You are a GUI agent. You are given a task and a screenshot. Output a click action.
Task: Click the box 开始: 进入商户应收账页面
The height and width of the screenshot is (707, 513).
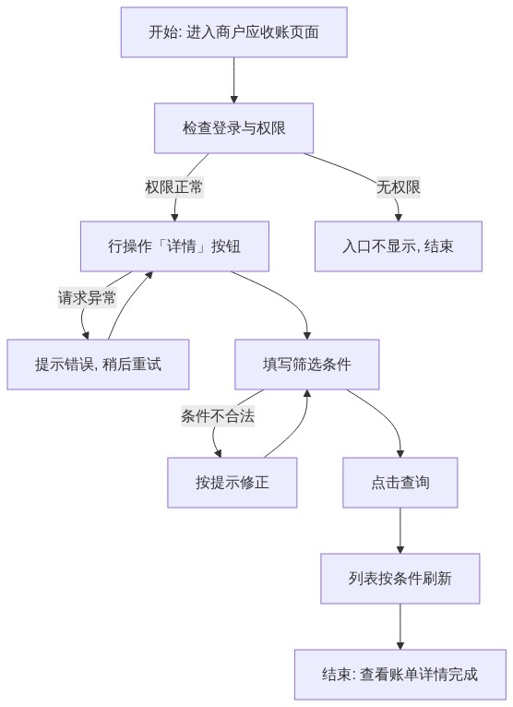tap(234, 32)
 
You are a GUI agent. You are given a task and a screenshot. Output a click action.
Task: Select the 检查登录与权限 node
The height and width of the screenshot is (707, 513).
tap(234, 128)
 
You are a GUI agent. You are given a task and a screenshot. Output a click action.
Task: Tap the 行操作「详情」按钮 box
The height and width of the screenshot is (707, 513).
tap(175, 246)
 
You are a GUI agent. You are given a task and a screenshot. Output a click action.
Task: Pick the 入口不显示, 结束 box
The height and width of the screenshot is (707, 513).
tap(399, 246)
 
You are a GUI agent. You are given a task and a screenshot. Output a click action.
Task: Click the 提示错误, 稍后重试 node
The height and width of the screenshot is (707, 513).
tap(98, 365)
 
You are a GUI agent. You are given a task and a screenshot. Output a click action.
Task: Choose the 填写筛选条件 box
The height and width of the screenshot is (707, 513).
tap(307, 365)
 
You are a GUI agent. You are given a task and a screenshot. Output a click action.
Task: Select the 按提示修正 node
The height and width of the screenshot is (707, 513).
tap(233, 483)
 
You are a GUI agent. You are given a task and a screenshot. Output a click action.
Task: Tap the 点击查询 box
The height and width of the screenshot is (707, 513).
tap(400, 483)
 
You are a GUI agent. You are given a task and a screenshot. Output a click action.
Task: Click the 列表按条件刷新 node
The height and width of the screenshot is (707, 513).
tap(400, 579)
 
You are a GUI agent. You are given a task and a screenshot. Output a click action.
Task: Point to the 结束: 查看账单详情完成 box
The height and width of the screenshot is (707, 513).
tap(400, 675)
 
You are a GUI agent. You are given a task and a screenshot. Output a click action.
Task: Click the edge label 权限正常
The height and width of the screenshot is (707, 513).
tap(174, 187)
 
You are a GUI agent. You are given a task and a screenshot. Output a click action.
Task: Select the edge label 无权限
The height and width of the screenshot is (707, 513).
tap(399, 187)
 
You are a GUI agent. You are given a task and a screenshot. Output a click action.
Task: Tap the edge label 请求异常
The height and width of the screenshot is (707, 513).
tap(87, 297)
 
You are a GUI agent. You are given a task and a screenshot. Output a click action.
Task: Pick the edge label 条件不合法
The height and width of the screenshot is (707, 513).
tap(218, 415)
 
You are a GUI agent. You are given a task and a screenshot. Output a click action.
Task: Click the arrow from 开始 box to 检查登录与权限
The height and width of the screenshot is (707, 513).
tap(234, 80)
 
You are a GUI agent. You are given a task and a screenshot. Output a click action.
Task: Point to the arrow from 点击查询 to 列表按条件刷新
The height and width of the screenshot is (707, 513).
tap(400, 531)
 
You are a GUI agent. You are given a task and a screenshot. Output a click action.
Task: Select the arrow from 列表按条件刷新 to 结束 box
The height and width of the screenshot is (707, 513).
tap(400, 627)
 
